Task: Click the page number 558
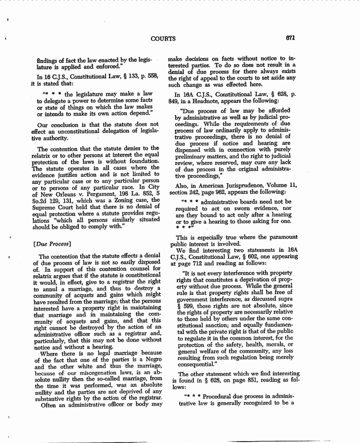point(151,76)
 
